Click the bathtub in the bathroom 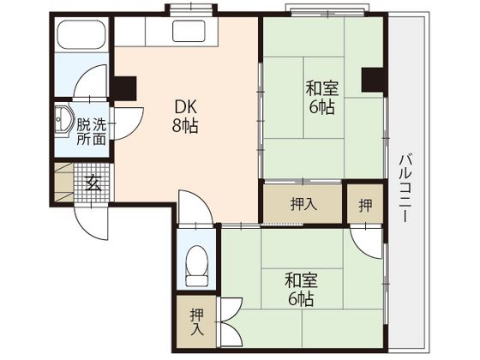(x=81, y=36)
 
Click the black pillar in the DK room (x=124, y=87)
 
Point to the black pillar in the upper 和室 (x=372, y=80)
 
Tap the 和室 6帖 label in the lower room (x=298, y=289)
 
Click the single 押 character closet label (x=364, y=204)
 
